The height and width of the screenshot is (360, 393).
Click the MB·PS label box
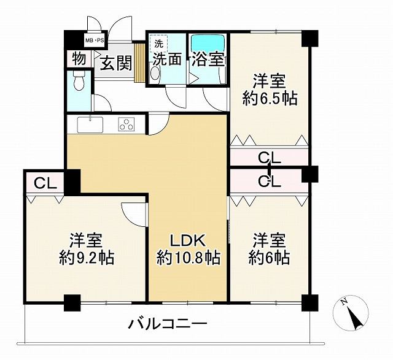[x=95, y=40]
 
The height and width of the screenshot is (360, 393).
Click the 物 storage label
[x=79, y=59]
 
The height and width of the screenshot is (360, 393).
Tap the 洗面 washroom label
[x=167, y=59]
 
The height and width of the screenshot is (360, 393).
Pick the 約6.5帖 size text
[x=270, y=99]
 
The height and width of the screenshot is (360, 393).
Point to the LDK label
[x=188, y=240]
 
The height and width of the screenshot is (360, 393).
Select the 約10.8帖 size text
[x=188, y=258]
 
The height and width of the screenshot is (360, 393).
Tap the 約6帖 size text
[x=270, y=258]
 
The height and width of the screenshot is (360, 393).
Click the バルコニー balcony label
[x=168, y=323]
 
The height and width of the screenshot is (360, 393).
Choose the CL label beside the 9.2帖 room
[x=45, y=182]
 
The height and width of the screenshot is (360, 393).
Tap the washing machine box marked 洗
[x=158, y=43]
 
